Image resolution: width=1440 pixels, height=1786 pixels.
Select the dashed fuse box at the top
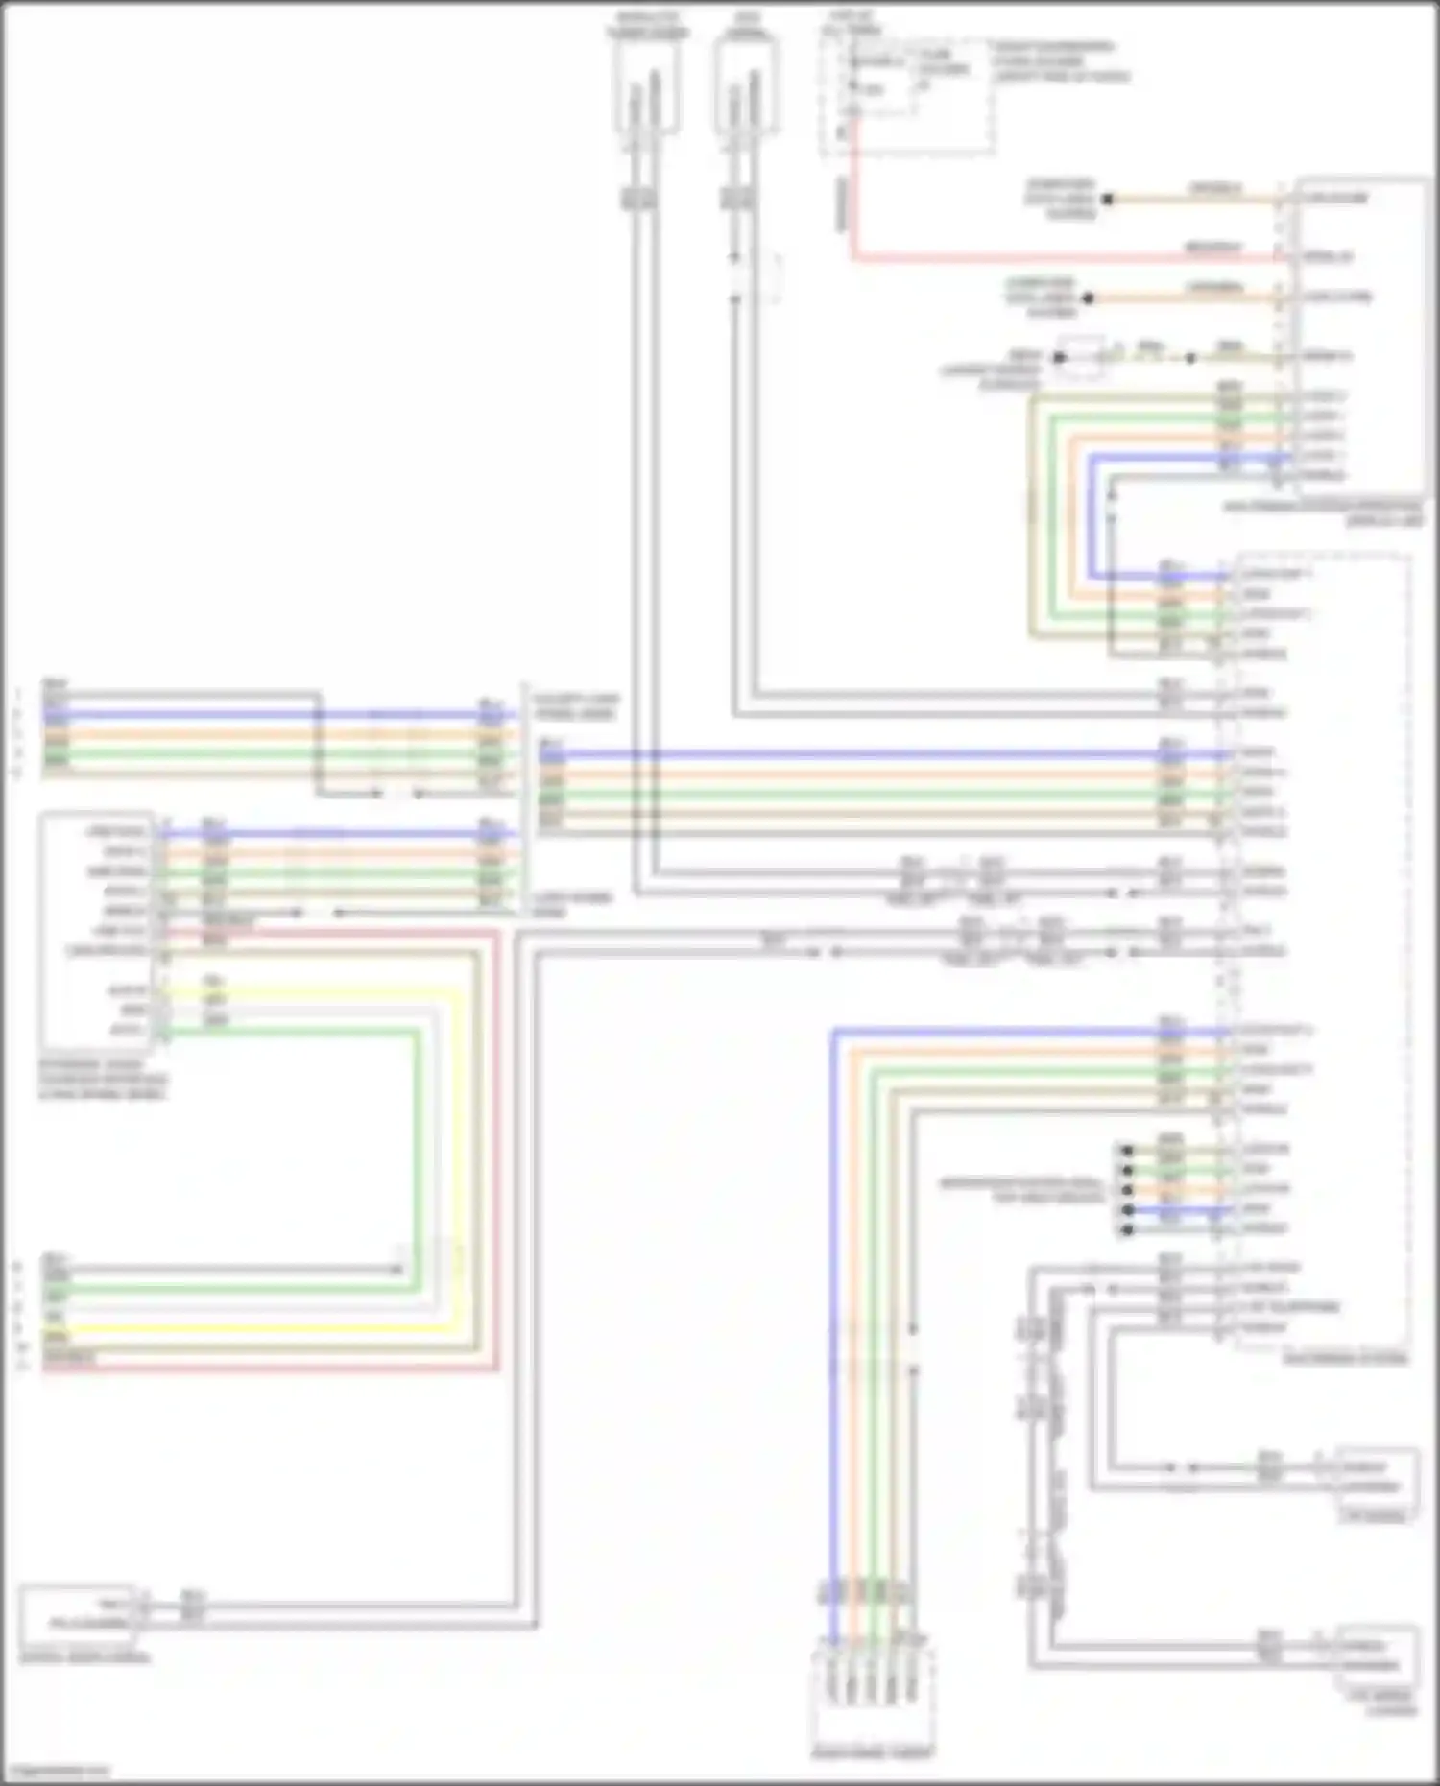click(x=906, y=96)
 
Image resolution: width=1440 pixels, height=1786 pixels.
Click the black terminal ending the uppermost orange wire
click(x=1107, y=200)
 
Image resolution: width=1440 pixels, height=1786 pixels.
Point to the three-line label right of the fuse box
click(x=1060, y=61)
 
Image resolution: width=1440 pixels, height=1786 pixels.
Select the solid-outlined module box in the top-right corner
click(x=1359, y=336)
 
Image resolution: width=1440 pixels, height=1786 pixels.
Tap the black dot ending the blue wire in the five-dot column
click(x=1128, y=1209)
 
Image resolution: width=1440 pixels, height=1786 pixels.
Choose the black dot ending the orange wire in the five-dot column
click(x=1128, y=1190)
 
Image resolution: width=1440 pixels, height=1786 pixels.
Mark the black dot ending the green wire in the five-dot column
click(x=1128, y=1170)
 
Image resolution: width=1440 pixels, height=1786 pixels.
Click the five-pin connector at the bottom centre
click(x=873, y=1690)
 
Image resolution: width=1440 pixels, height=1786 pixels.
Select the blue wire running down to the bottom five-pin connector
click(x=834, y=1344)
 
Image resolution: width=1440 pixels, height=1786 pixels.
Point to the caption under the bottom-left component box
click(x=84, y=1657)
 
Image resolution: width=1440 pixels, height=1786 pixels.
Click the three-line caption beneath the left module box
click(x=102, y=1080)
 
